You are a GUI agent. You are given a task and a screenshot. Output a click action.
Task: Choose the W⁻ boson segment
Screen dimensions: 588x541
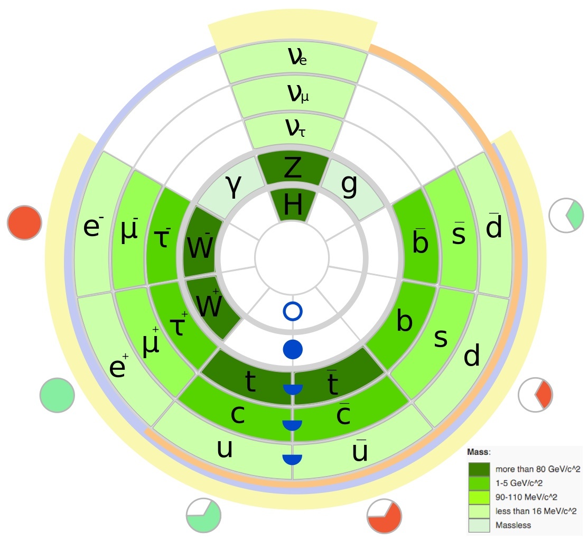(200, 243)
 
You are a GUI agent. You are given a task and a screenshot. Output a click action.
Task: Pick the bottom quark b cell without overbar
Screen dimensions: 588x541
(404, 322)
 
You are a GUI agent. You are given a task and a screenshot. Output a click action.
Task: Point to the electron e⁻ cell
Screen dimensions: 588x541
(94, 227)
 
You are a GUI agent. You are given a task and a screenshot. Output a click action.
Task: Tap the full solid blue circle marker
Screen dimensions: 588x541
(293, 349)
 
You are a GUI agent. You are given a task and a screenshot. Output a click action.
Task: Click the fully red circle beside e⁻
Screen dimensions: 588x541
(24, 223)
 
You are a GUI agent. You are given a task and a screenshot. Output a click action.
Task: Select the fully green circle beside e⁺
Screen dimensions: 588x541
(56, 395)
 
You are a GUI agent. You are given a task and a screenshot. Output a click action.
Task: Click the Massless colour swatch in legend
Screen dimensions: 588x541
(478, 525)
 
